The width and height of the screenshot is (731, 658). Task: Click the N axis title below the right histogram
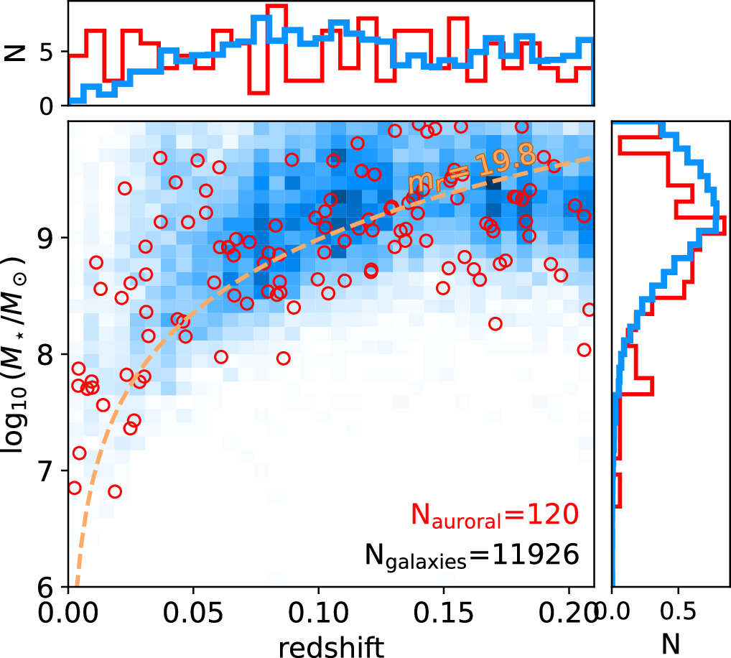coord(671,644)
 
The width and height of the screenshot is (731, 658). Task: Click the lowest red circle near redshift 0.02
coord(115,491)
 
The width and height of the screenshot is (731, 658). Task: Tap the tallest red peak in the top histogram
coord(276,6)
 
